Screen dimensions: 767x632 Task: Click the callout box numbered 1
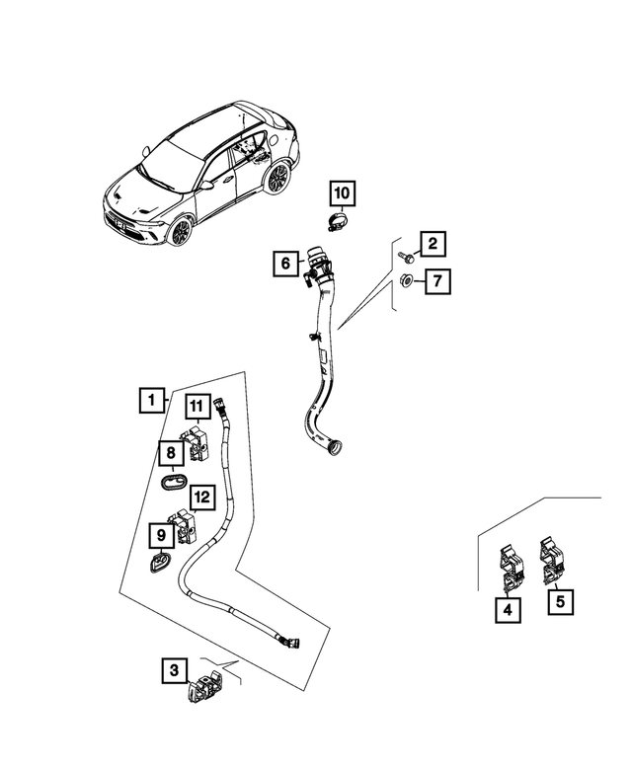[x=150, y=400]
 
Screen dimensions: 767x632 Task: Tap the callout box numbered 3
[x=173, y=671]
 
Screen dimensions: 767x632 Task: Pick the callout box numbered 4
[x=508, y=611]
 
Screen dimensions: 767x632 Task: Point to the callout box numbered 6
[x=284, y=264]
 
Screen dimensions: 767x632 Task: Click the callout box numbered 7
[x=438, y=281]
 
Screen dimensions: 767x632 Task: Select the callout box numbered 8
[x=171, y=454]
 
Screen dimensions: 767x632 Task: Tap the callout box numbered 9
[x=159, y=536]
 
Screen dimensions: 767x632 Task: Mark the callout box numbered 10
[x=341, y=192]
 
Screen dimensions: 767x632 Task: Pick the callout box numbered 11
[x=196, y=407]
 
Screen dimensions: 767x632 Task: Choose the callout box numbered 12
[x=201, y=498]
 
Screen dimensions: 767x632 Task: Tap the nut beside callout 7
[x=407, y=282]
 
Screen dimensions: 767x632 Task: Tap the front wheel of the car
[x=181, y=232]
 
